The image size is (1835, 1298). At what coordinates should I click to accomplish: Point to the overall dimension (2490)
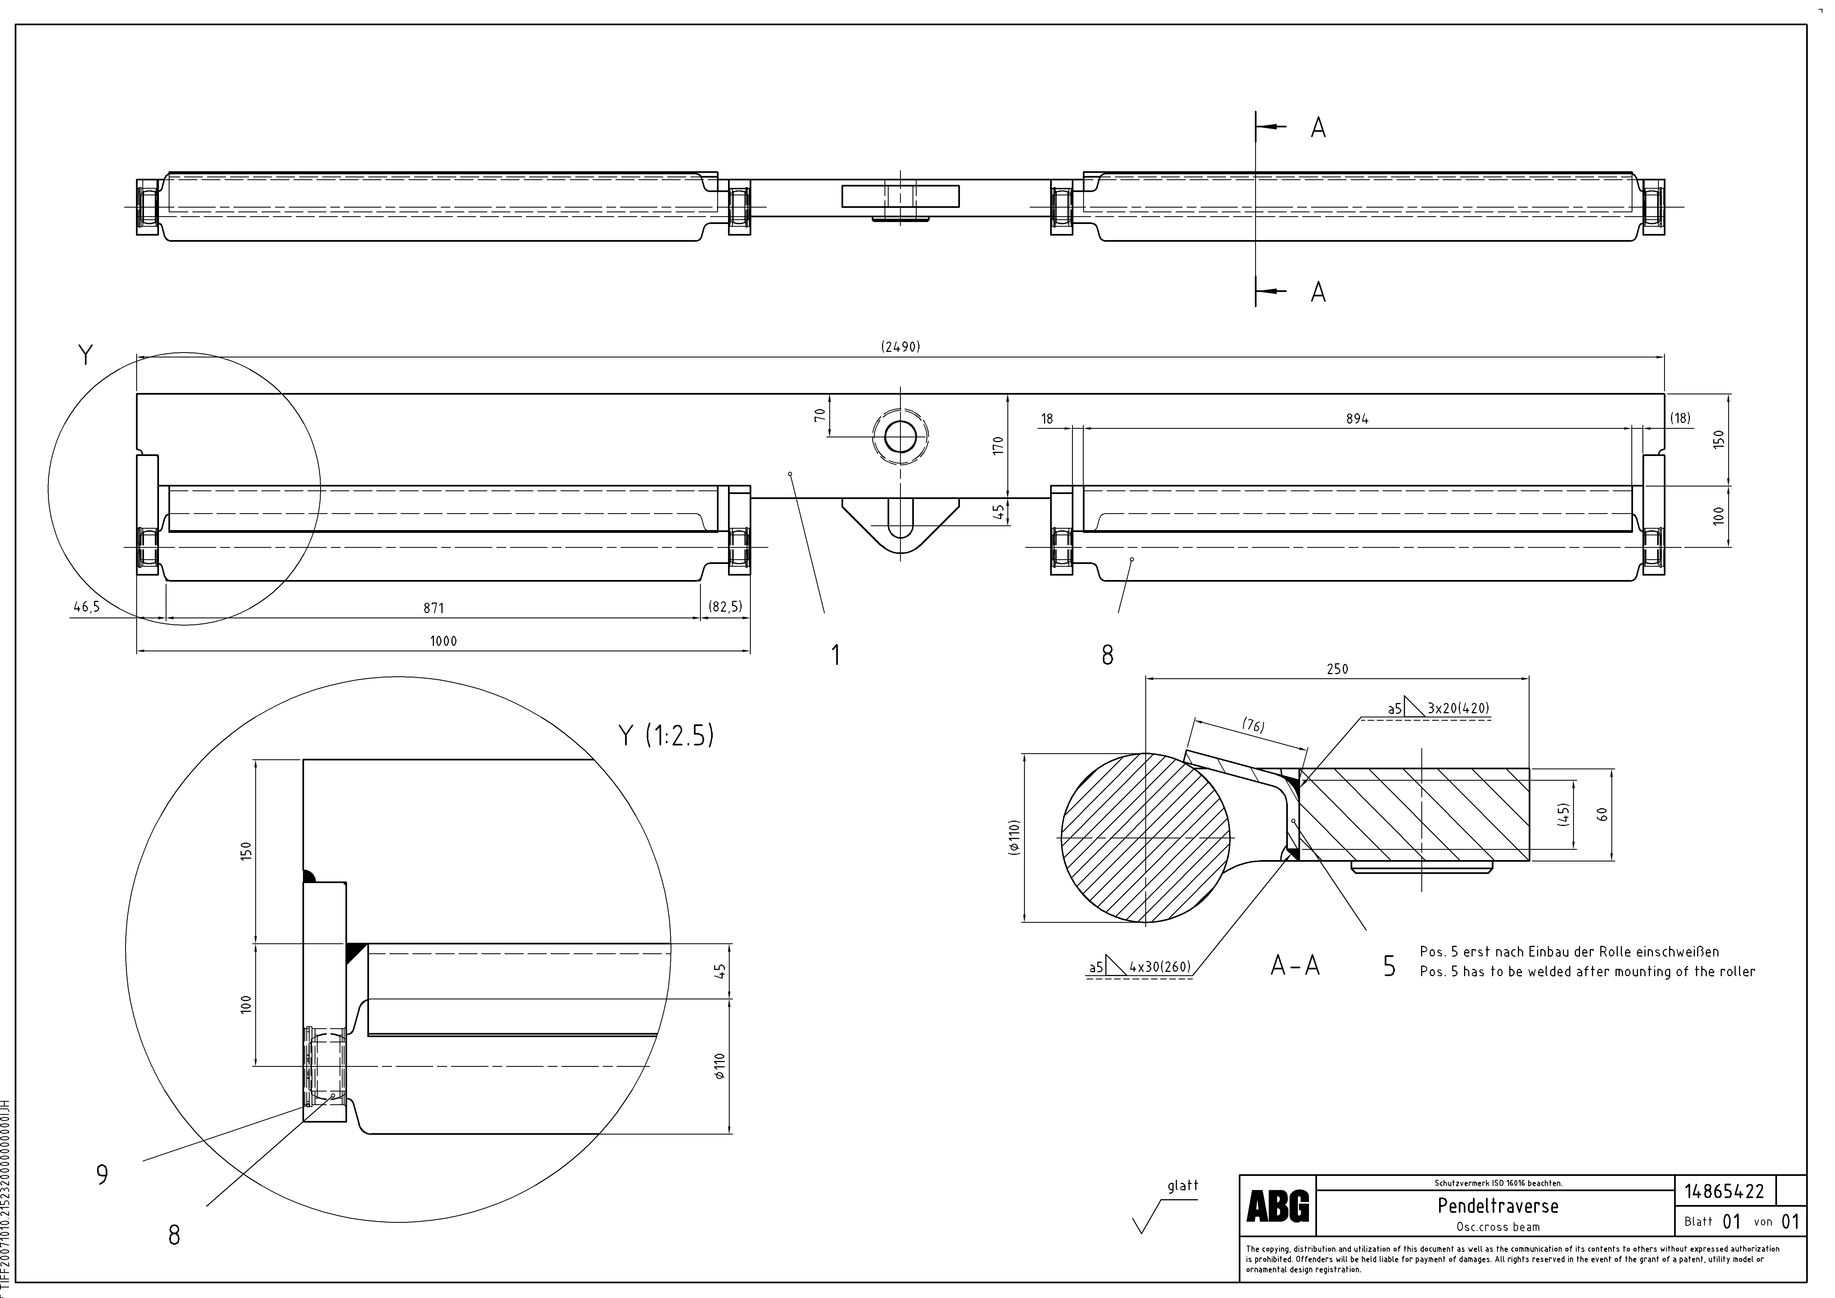pos(901,347)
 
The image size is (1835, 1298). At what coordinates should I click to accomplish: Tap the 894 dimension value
pos(1357,419)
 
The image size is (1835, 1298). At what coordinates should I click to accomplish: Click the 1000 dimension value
pos(444,641)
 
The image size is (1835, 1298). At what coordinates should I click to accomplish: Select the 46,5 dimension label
pos(86,607)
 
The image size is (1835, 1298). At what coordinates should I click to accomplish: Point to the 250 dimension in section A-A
pos(1337,669)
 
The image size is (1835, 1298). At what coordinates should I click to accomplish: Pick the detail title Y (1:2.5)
pos(666,735)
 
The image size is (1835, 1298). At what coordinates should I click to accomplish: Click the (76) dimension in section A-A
pos(1253,726)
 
